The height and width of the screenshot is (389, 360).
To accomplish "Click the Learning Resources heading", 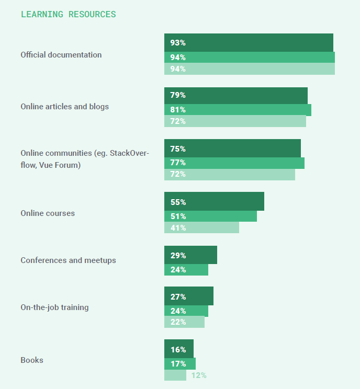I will click(x=68, y=14).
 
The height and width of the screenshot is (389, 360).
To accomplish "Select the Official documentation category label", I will click(x=61, y=55).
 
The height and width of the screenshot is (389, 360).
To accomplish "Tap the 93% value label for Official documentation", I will click(x=178, y=43).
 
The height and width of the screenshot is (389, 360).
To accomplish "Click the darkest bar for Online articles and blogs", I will click(x=235, y=96).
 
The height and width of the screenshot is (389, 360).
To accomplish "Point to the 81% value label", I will click(x=178, y=110).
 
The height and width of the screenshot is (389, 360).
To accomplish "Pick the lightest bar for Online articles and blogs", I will click(x=235, y=121).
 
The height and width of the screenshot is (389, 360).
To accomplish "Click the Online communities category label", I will click(x=85, y=159).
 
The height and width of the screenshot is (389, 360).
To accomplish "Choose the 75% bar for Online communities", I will click(x=232, y=148).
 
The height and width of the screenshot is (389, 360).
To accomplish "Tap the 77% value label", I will click(x=178, y=163).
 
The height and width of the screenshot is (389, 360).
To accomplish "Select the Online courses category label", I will click(x=48, y=213).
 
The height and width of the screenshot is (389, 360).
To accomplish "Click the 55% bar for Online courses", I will click(x=214, y=202).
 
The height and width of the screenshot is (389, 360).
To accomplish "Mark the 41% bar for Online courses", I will click(x=201, y=227).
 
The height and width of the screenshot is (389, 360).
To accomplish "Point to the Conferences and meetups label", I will click(x=68, y=260).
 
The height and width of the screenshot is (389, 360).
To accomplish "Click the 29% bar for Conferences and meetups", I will click(x=190, y=255).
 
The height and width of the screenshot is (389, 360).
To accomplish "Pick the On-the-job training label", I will click(x=54, y=307).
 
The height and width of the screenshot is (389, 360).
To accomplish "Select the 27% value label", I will click(x=178, y=296).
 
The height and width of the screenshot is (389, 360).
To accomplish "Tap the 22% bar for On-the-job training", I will click(x=184, y=322).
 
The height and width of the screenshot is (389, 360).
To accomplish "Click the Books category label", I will click(x=32, y=360).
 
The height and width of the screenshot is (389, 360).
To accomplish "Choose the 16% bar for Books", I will click(x=179, y=349).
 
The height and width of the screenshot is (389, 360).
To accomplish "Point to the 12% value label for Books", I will click(x=198, y=375).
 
